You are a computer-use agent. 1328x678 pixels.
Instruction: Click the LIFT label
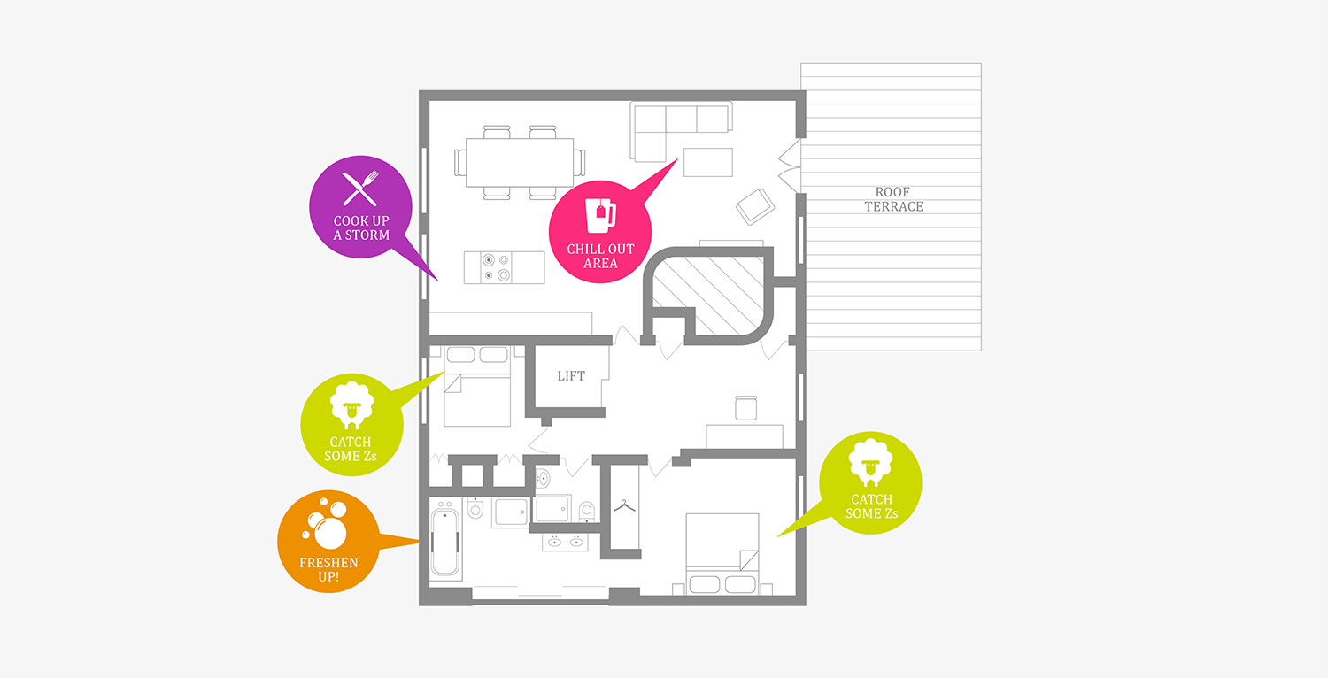pyautogui.click(x=571, y=376)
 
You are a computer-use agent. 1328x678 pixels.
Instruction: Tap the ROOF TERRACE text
pyautogui.click(x=893, y=199)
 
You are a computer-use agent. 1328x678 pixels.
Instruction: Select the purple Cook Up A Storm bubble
pyautogui.click(x=361, y=207)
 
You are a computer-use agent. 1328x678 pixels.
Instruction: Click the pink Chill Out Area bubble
pyautogui.click(x=600, y=231)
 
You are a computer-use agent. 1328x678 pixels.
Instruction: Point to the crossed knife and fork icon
pyautogui.click(x=360, y=188)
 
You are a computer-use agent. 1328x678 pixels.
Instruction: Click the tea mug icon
pyautogui.click(x=600, y=215)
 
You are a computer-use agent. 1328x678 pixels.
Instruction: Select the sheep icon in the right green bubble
pyautogui.click(x=870, y=464)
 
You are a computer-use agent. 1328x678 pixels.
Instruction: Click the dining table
pyautogui.click(x=520, y=162)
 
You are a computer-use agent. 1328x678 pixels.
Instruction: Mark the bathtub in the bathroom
pyautogui.click(x=445, y=542)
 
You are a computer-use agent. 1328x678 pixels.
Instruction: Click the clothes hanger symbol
pyautogui.click(x=624, y=505)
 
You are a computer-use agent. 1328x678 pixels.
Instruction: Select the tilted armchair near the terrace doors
pyautogui.click(x=755, y=207)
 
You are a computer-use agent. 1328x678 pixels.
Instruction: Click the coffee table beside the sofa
pyautogui.click(x=708, y=162)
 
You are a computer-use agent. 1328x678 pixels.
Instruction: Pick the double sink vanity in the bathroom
pyautogui.click(x=565, y=543)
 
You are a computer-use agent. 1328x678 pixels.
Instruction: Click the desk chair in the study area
pyautogui.click(x=745, y=408)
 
